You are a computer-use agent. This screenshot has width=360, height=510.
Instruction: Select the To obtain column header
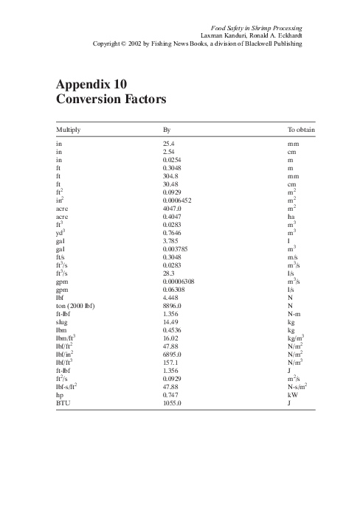(301, 130)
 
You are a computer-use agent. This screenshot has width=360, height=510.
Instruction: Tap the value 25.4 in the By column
(168, 144)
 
